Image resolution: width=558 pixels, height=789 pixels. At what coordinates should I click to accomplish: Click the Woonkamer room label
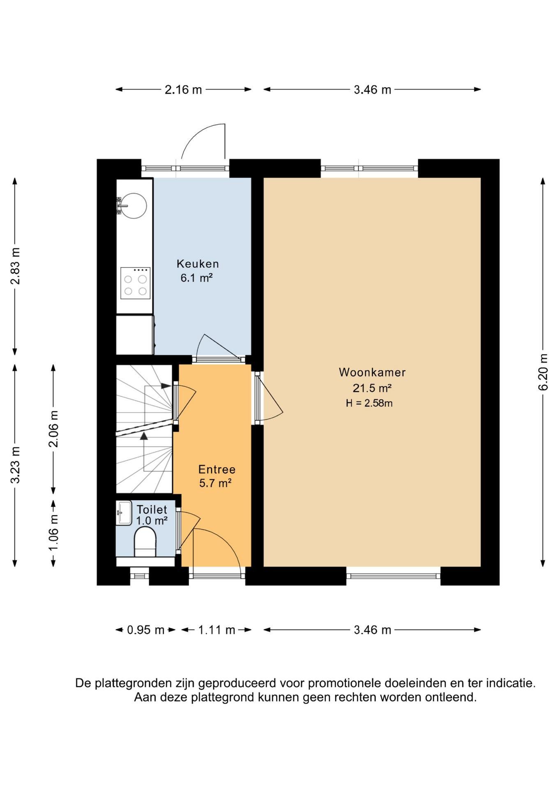click(x=372, y=372)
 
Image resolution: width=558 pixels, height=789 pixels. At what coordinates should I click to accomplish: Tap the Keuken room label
click(x=198, y=264)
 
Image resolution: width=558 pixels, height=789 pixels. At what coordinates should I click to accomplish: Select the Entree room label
click(x=217, y=469)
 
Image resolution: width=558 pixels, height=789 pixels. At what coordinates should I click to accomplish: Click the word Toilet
click(x=152, y=510)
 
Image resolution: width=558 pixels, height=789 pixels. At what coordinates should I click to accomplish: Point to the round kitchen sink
click(x=134, y=205)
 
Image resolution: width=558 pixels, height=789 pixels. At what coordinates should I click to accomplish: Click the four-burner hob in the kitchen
click(x=135, y=283)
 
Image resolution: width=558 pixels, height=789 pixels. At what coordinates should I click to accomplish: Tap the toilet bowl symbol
click(x=145, y=542)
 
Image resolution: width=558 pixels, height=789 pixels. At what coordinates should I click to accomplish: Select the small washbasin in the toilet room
click(x=124, y=513)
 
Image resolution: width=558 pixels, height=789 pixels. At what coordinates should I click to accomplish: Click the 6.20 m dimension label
click(x=543, y=372)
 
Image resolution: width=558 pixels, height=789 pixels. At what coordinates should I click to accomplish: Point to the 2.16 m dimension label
click(x=183, y=90)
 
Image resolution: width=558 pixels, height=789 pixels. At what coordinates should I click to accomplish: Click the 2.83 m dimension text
click(x=15, y=266)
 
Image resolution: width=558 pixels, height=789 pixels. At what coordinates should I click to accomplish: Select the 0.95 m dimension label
click(x=145, y=630)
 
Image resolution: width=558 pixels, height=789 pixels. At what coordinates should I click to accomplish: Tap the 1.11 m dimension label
click(x=217, y=630)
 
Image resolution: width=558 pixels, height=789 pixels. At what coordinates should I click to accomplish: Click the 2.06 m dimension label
click(x=53, y=429)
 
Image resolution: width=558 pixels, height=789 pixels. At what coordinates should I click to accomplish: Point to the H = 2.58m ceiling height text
click(x=369, y=403)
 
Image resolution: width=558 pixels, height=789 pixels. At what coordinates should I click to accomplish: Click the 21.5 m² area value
click(x=372, y=388)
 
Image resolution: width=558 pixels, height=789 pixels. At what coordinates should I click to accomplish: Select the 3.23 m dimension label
click(x=15, y=465)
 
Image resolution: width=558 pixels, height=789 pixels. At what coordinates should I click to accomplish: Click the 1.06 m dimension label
click(x=53, y=533)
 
